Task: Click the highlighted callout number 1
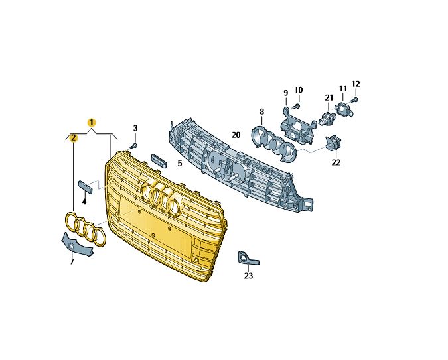92,123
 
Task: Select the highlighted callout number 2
74,138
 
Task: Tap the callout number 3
135,128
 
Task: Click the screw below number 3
133,146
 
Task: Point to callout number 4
84,202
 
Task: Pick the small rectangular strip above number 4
86,187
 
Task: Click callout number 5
180,164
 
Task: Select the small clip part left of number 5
159,161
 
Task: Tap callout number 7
72,261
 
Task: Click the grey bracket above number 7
76,245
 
